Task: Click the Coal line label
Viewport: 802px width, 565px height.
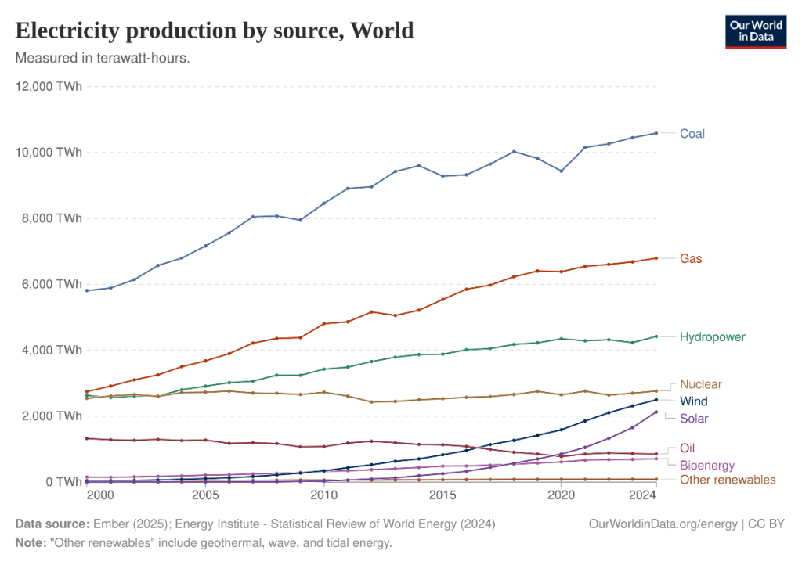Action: pyautogui.click(x=692, y=134)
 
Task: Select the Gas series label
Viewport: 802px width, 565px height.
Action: pyautogui.click(x=690, y=258)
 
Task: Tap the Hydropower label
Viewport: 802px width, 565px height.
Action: pyautogui.click(x=712, y=336)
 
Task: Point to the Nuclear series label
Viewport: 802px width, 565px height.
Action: pyautogui.click(x=700, y=384)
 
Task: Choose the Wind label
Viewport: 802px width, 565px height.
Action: pyautogui.click(x=693, y=401)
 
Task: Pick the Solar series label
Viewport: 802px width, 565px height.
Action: pyautogui.click(x=694, y=418)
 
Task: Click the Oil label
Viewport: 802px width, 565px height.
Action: pyautogui.click(x=687, y=448)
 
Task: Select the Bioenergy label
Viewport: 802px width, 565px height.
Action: pyautogui.click(x=706, y=465)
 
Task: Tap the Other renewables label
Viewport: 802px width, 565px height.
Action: pyautogui.click(x=728, y=479)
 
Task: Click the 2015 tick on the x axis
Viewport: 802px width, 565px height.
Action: pyautogui.click(x=443, y=495)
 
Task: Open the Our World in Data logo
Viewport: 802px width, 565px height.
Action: pyautogui.click(x=750, y=31)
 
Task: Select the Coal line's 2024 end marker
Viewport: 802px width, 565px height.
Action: pyautogui.click(x=656, y=133)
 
